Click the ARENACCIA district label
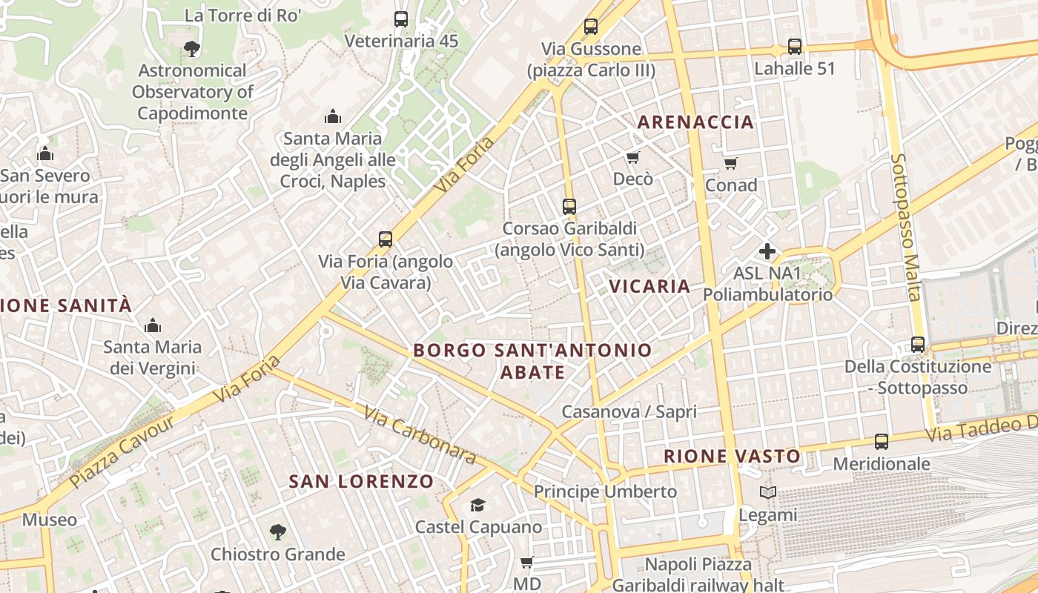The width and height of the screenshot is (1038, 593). coord(695,122)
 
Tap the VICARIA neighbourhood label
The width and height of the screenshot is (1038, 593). coord(649,286)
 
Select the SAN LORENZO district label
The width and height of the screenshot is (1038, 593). coord(361,482)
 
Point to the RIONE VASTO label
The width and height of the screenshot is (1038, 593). coord(732,457)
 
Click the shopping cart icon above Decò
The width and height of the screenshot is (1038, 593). coord(632,158)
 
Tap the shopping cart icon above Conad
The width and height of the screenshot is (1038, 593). coord(731,164)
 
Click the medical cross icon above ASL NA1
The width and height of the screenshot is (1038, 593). coord(767,252)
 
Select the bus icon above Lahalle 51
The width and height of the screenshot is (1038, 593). coord(795,47)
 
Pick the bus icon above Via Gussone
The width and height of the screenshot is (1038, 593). coord(591,27)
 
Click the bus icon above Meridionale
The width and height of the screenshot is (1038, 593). coord(882,442)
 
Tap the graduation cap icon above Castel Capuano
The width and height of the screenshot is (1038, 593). coord(478,506)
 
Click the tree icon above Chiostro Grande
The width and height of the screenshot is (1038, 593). coord(277,531)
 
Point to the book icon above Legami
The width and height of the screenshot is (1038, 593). coord(768,493)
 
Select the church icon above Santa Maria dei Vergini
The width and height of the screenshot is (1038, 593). coord(153,325)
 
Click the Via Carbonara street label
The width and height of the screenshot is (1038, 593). coord(420,434)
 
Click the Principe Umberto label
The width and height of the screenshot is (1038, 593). coord(605,491)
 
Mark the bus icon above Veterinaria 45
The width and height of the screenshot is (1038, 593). coord(401,19)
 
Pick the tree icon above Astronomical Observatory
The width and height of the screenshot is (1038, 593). coord(192,49)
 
